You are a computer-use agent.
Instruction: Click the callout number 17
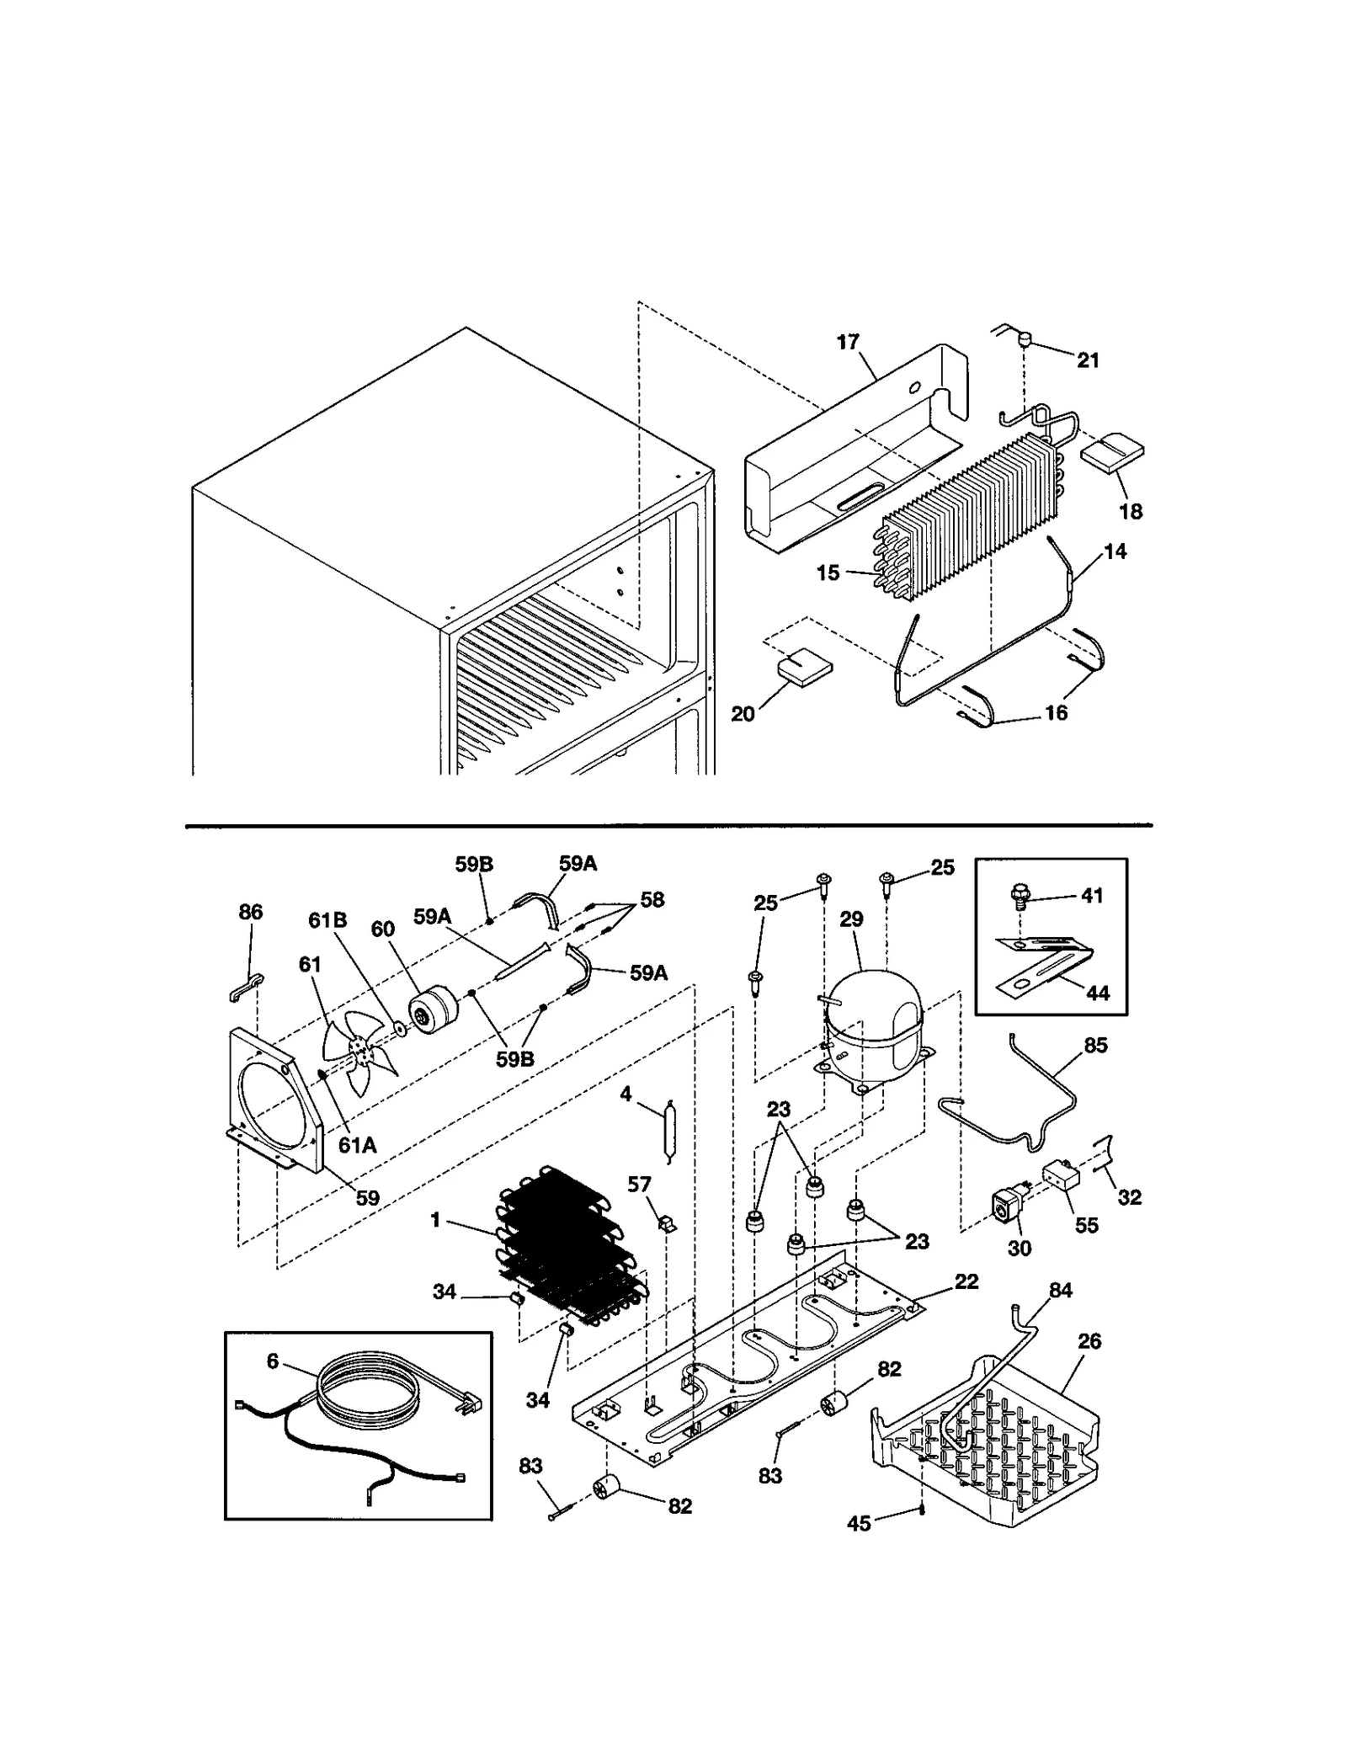847,341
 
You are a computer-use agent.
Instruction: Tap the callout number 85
1095,1045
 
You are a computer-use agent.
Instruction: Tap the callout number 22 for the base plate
966,1281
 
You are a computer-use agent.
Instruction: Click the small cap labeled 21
1025,340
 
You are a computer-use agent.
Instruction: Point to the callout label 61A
357,1144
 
